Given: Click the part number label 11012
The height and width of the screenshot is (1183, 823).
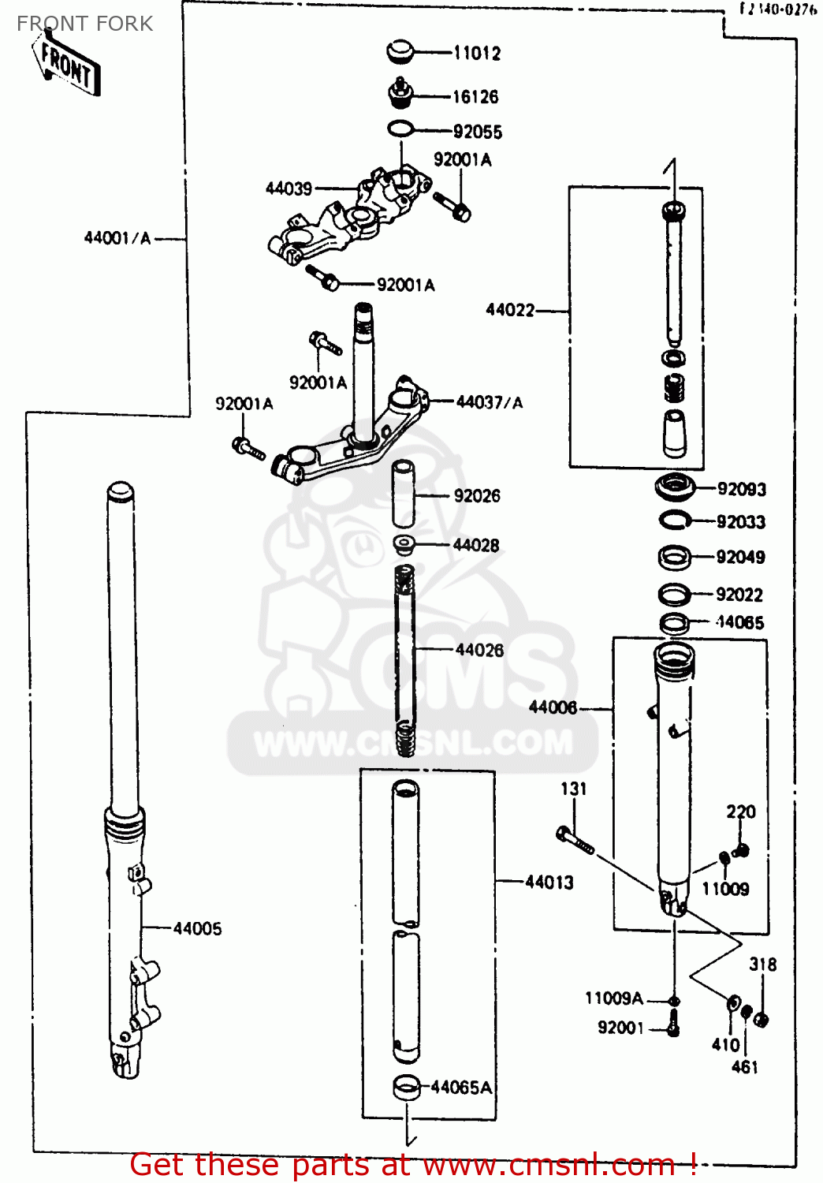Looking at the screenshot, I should [x=477, y=53].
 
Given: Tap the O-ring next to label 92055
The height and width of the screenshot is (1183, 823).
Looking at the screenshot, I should [x=400, y=129].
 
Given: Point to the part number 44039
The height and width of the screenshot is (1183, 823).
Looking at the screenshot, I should [x=289, y=188].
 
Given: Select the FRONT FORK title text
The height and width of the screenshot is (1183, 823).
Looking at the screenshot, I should [x=85, y=24].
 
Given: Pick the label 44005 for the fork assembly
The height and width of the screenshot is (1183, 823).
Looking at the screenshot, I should [x=197, y=928].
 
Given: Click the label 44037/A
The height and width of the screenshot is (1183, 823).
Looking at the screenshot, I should [x=489, y=402].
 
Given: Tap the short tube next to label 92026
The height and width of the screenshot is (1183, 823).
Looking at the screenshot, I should [x=404, y=494].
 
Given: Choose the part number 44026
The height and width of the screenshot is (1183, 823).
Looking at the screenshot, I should [x=479, y=650].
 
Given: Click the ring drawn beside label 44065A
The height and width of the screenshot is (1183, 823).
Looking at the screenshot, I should [x=406, y=1088].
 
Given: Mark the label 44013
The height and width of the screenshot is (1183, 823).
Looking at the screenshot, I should [x=549, y=883].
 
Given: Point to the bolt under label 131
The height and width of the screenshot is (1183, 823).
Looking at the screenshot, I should [x=575, y=841].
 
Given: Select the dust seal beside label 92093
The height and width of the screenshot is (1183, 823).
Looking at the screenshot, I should [x=675, y=487].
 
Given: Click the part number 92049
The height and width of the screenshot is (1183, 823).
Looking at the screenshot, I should [x=740, y=557].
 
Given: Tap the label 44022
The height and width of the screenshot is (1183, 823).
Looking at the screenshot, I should [x=510, y=310].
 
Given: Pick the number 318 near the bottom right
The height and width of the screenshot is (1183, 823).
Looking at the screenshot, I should [x=762, y=964].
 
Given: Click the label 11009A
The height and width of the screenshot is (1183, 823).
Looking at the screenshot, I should [x=614, y=998].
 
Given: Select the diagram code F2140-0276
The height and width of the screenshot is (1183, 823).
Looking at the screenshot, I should [x=777, y=9].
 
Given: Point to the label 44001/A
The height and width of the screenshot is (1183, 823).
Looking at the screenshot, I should [x=117, y=237].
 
